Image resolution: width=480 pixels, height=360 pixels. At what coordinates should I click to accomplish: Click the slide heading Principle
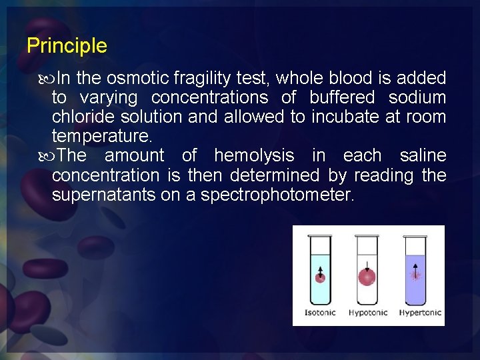click(67, 46)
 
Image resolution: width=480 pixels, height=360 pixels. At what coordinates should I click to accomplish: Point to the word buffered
click(342, 98)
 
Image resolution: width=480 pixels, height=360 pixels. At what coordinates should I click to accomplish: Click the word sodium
click(417, 98)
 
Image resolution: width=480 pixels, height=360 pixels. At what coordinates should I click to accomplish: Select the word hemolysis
click(254, 156)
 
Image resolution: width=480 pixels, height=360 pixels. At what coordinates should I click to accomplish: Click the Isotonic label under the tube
click(320, 313)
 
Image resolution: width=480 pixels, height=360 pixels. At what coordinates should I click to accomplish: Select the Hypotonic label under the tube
click(368, 313)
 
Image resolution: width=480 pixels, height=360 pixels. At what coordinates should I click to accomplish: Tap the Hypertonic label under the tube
click(419, 313)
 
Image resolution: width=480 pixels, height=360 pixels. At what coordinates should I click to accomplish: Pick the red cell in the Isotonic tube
click(320, 275)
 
